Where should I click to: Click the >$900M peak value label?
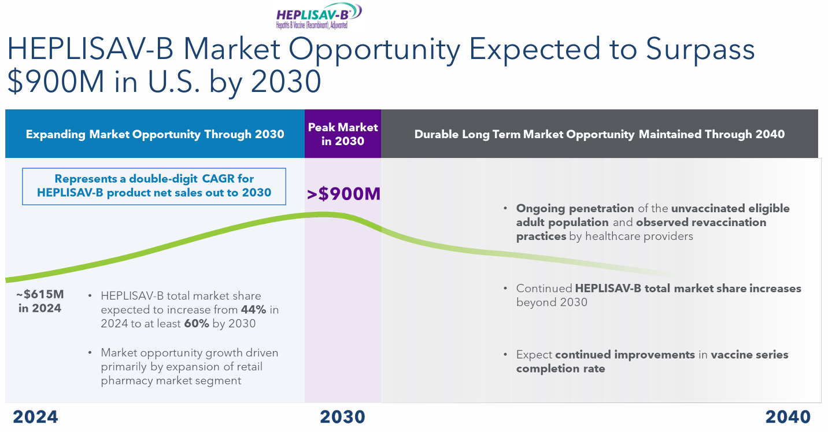point(343,194)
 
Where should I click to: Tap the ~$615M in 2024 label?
point(40,301)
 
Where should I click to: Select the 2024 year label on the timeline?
point(35,416)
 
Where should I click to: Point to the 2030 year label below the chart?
point(342,416)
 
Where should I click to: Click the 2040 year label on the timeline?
point(788,416)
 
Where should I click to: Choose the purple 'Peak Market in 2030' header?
point(343,134)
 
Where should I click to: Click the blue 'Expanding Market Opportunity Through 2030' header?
point(155,134)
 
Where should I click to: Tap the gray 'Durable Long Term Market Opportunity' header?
point(600,134)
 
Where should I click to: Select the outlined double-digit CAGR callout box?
point(154,186)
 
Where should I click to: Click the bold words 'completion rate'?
point(560,369)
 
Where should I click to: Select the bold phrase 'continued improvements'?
point(624,355)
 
